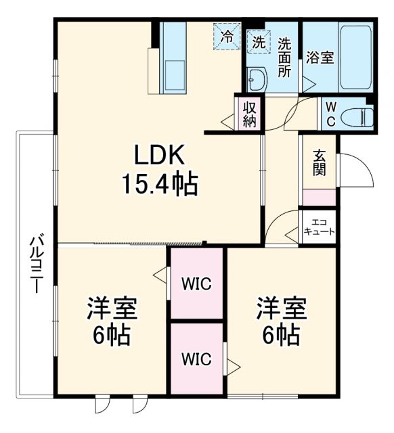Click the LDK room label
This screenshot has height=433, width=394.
(x=159, y=156)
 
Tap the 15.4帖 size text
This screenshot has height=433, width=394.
(x=159, y=183)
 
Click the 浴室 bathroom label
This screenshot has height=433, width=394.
(x=319, y=58)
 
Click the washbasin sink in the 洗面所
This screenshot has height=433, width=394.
(x=257, y=81)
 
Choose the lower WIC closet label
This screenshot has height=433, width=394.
(x=196, y=359)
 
